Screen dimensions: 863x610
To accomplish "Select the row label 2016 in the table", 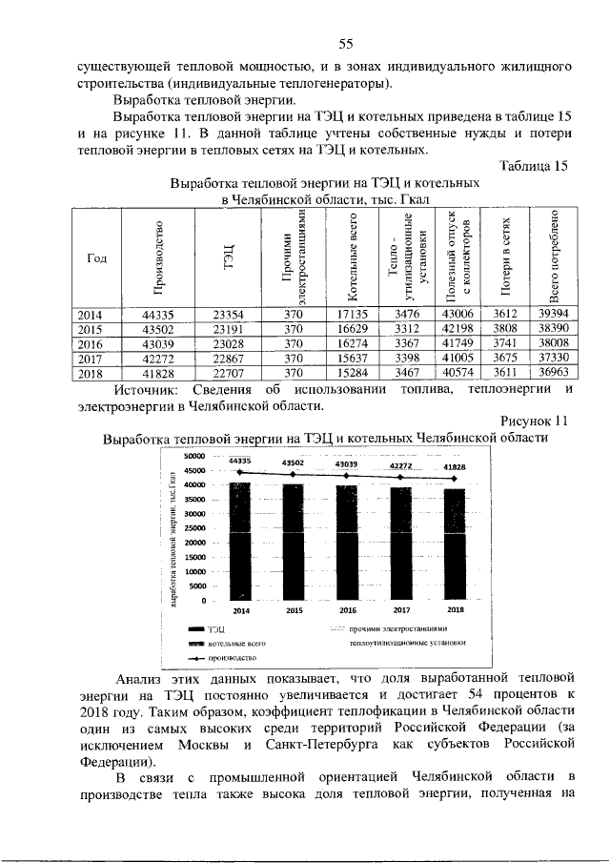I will (x=96, y=343).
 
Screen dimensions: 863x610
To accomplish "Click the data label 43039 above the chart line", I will (x=348, y=463).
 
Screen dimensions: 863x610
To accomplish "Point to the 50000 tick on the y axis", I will (x=194, y=456).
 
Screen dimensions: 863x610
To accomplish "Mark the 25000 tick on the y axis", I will (x=194, y=528).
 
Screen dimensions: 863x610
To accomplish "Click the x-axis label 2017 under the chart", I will (x=401, y=609).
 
